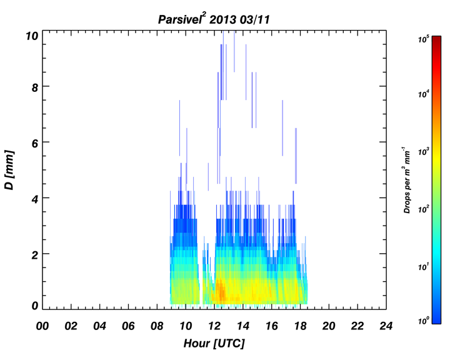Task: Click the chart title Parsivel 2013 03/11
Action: (x=214, y=19)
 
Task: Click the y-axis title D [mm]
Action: (x=9, y=169)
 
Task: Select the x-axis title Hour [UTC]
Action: (x=214, y=343)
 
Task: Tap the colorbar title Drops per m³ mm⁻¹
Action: (x=407, y=180)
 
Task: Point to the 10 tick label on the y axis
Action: (x=32, y=36)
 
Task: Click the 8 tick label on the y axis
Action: (x=35, y=87)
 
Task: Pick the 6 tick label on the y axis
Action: (x=35, y=143)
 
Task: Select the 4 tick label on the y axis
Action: (x=35, y=199)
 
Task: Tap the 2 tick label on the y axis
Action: (x=35, y=255)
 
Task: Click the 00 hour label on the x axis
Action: (x=42, y=326)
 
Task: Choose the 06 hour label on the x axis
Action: (x=128, y=326)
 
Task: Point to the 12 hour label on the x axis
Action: (x=214, y=326)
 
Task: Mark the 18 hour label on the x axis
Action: (x=300, y=326)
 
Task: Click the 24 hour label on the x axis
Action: (x=386, y=326)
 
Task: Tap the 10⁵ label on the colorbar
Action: (x=423, y=39)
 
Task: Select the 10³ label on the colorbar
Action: (x=423, y=151)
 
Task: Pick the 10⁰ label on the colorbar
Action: (x=423, y=320)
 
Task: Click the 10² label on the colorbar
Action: (x=423, y=209)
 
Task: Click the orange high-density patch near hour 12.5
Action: (x=221, y=290)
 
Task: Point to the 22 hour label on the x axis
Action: (x=357, y=326)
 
